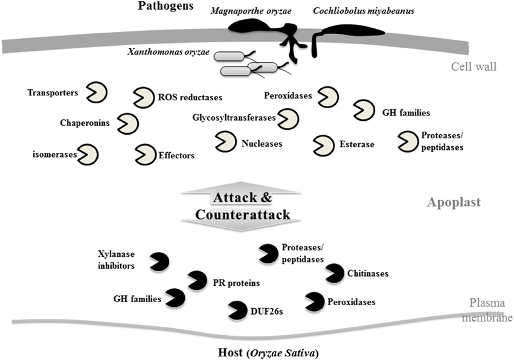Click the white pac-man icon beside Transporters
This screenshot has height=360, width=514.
(x=97, y=92)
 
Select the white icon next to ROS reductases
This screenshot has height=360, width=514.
(x=143, y=97)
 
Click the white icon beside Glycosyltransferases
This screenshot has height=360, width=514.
(x=288, y=118)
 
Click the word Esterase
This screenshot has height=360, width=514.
(x=356, y=144)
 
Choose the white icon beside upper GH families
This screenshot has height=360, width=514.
(x=364, y=109)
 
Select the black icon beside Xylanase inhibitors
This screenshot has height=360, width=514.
(x=159, y=261)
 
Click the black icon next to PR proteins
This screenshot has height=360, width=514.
(x=197, y=280)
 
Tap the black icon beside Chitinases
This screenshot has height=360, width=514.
(x=335, y=273)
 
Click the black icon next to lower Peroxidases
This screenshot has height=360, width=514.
(x=315, y=301)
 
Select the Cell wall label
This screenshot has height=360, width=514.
(x=474, y=66)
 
